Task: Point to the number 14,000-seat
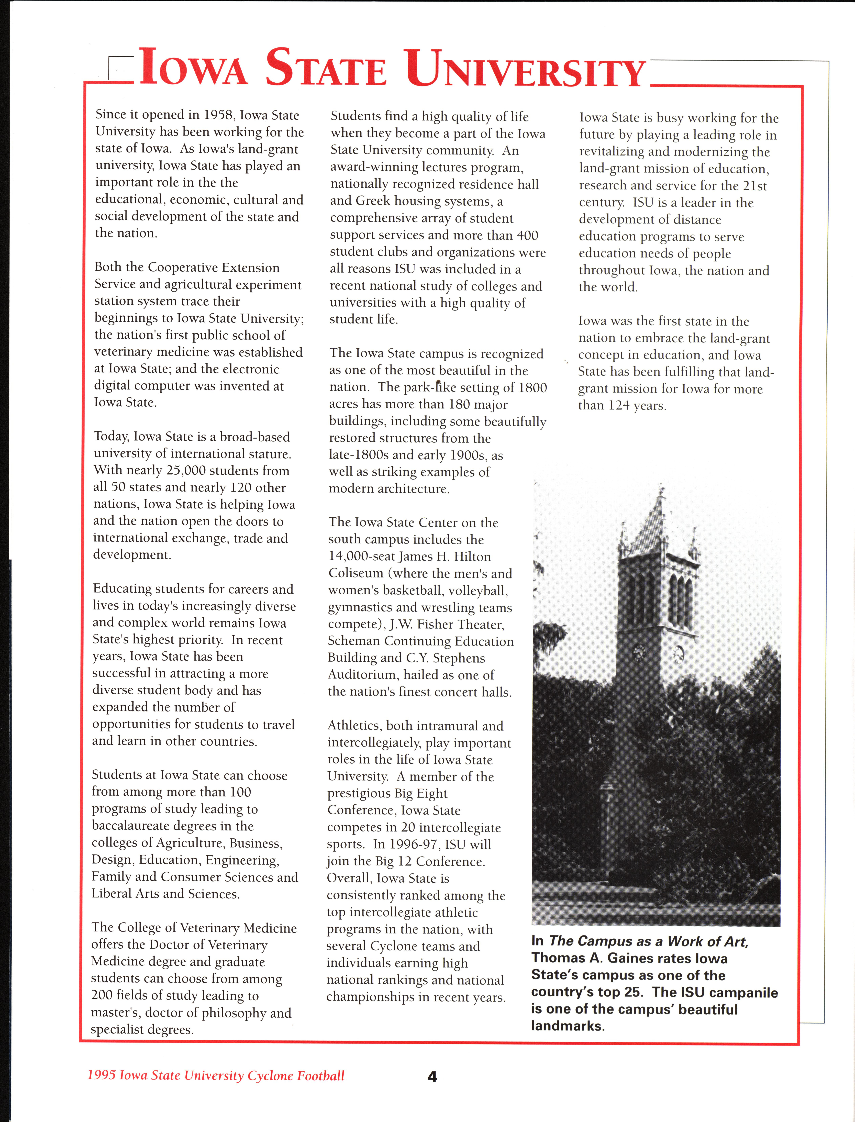click(361, 557)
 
